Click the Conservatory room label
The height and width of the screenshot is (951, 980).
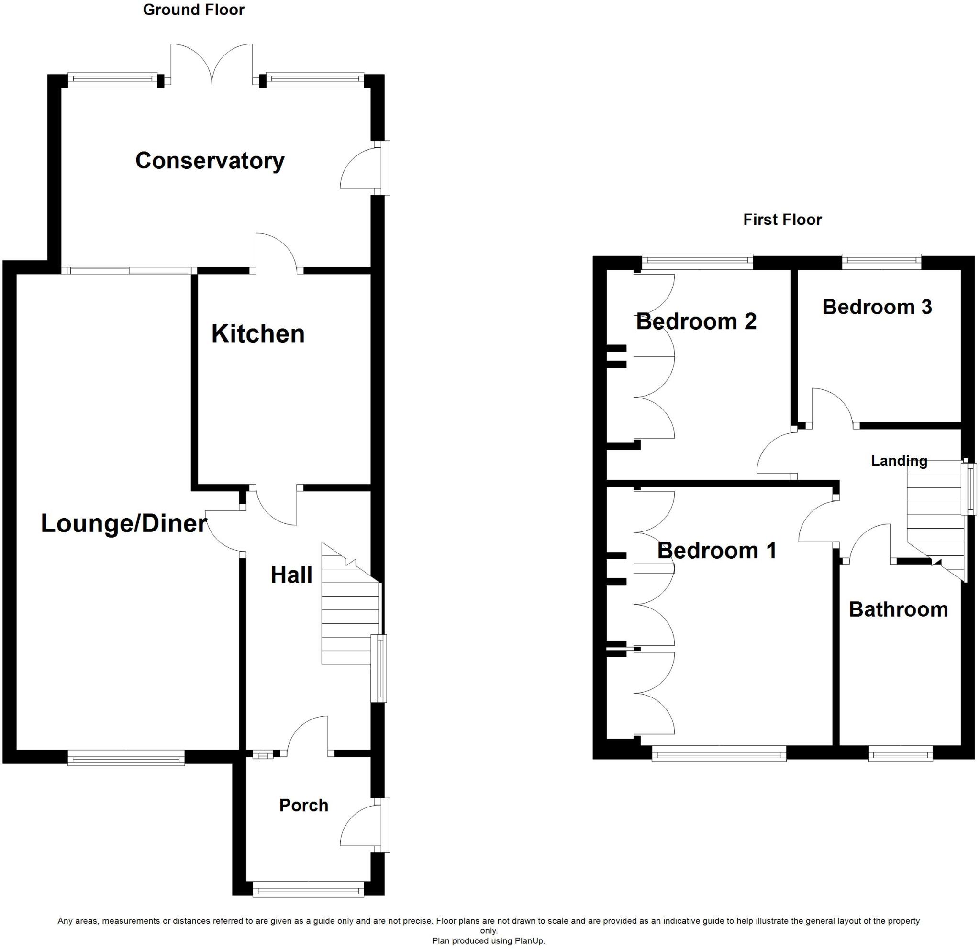tap(210, 161)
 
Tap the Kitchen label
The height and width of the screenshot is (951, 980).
tap(258, 334)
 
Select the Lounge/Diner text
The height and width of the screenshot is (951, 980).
tap(123, 524)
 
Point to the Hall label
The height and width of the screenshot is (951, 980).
tap(291, 575)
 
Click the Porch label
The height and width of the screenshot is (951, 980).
tap(303, 805)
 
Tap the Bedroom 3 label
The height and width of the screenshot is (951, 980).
tap(877, 307)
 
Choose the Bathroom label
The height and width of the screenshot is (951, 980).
tap(899, 609)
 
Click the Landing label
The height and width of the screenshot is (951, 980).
tap(899, 461)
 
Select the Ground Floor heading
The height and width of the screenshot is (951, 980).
tap(193, 10)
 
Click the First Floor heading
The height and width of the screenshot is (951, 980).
tap(782, 220)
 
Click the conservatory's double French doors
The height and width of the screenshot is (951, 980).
tap(212, 64)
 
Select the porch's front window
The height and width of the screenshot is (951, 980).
tap(309, 890)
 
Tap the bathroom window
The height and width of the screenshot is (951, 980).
tap(900, 753)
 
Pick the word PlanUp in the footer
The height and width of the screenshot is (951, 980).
tap(530, 940)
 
